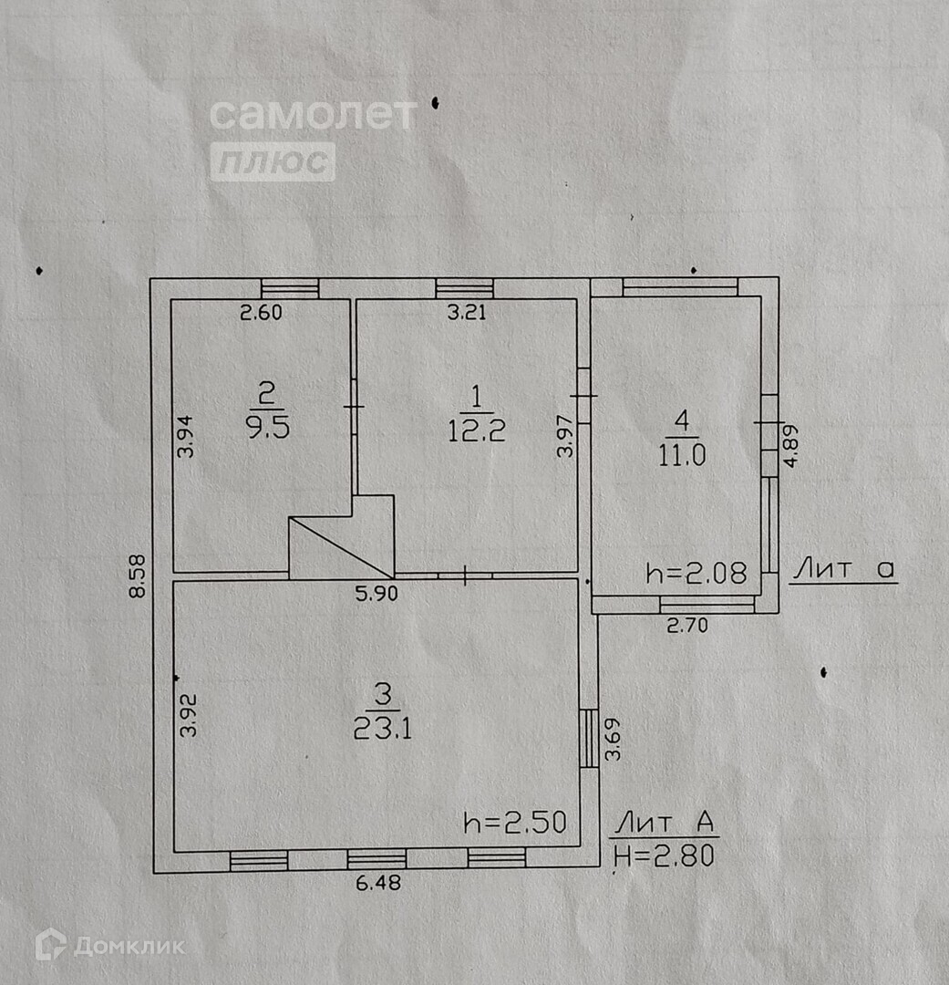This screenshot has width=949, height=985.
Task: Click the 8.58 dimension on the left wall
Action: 138,576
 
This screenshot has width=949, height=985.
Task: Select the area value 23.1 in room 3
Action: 383,727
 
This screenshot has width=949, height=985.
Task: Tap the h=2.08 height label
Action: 696,573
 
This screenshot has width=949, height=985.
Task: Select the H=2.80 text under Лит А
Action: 663,855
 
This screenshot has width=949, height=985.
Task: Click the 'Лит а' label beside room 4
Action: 843,570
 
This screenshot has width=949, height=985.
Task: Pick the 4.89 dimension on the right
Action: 791,446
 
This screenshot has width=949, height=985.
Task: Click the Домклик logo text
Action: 128,946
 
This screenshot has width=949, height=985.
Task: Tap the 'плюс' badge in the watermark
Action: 273,162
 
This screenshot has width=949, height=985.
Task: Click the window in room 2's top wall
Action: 290,288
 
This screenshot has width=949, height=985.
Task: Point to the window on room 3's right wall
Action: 590,738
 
